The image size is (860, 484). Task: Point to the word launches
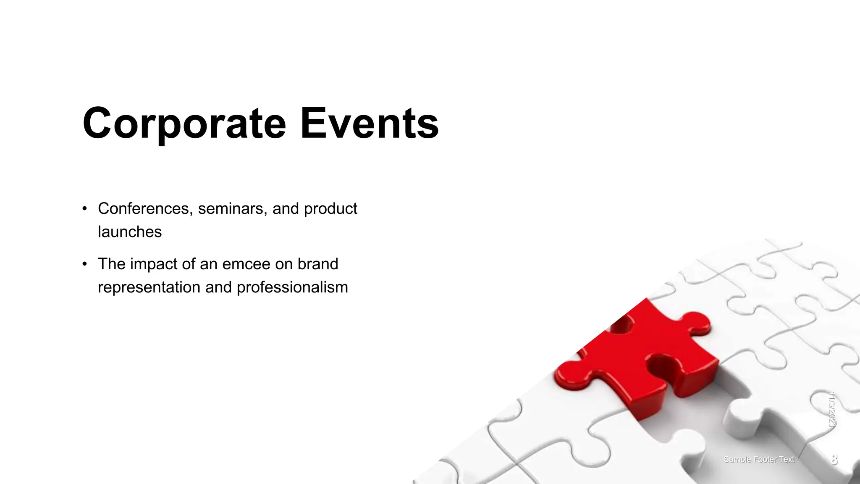coord(130,232)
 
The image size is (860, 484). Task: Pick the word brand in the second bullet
coord(318,264)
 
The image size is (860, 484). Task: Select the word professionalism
coord(292,287)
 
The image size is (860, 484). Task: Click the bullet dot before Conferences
coord(85,208)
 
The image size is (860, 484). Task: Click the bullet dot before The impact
coord(85,264)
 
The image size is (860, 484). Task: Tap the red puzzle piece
coord(647,357)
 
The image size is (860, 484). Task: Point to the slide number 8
coord(834,460)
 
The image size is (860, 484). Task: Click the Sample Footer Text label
coord(759,460)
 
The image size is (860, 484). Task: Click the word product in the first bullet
coord(330,208)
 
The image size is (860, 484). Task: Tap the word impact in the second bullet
coord(154,264)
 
